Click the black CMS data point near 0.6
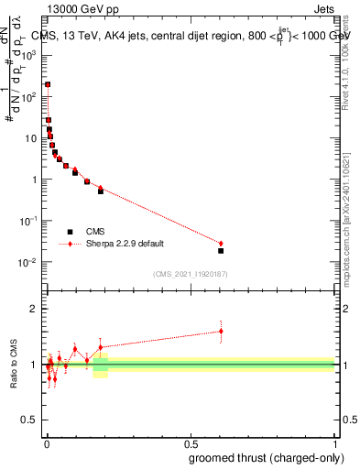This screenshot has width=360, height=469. pos(221,250)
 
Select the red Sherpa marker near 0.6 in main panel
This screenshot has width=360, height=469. pos(221,244)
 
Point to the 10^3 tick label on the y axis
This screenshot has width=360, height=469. pos(28,55)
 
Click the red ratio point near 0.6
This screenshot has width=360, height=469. pos(221,332)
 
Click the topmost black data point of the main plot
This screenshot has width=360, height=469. pos(47,84)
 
